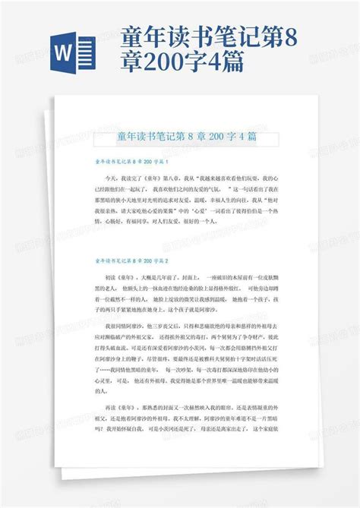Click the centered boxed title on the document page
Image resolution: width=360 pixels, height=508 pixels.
tap(186, 137)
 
